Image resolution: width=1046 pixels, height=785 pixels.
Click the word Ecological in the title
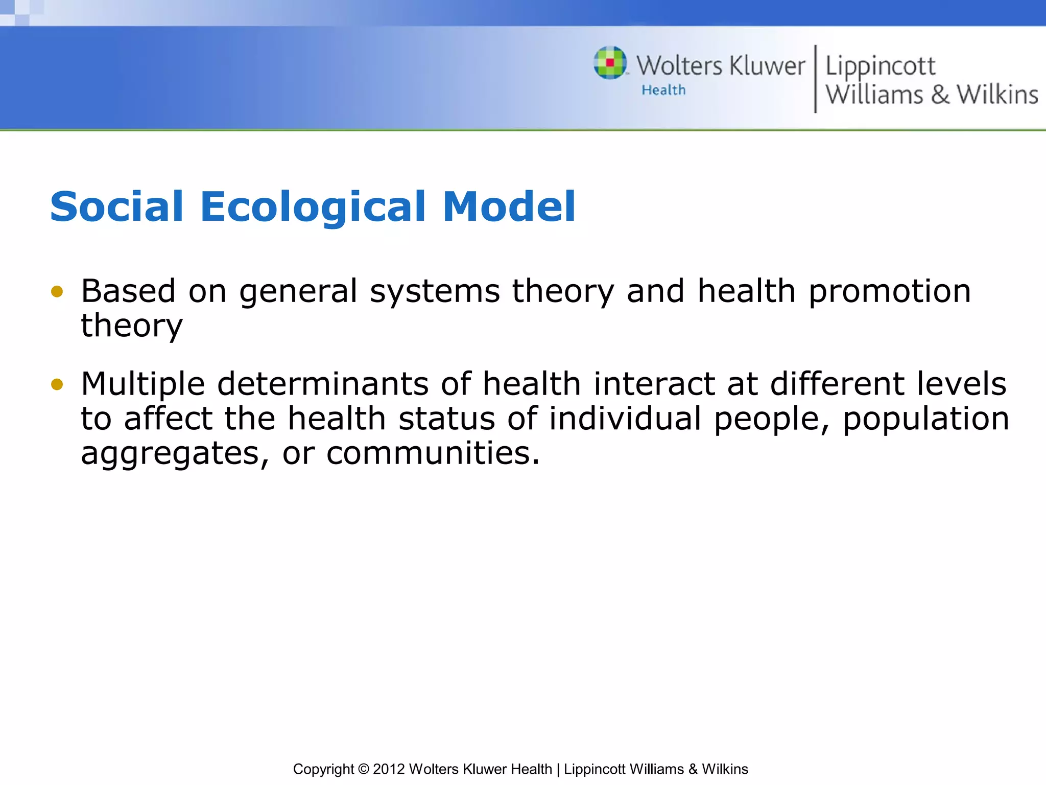click(x=313, y=207)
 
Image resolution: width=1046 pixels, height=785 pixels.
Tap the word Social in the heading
click(x=116, y=207)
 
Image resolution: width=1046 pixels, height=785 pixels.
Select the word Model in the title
click(x=509, y=207)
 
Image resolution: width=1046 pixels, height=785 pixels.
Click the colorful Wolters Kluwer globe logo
click(x=610, y=63)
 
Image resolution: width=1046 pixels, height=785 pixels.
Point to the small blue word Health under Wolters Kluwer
click(x=663, y=90)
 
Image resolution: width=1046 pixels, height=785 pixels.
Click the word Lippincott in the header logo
click(x=880, y=67)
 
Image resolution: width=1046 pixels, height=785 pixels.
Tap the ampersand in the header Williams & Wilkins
click(x=940, y=95)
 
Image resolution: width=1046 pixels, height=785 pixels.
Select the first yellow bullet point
click(x=57, y=292)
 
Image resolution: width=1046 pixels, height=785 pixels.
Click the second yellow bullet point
click(x=57, y=384)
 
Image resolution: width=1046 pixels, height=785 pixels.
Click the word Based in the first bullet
click(x=128, y=291)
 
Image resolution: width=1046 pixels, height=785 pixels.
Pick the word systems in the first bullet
click(x=435, y=292)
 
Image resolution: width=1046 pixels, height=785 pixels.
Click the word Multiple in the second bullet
click(x=143, y=384)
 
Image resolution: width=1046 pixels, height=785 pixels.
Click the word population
click(x=925, y=419)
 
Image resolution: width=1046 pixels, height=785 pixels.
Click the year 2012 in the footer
click(x=389, y=769)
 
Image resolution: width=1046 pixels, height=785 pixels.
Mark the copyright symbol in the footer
click(x=363, y=769)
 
